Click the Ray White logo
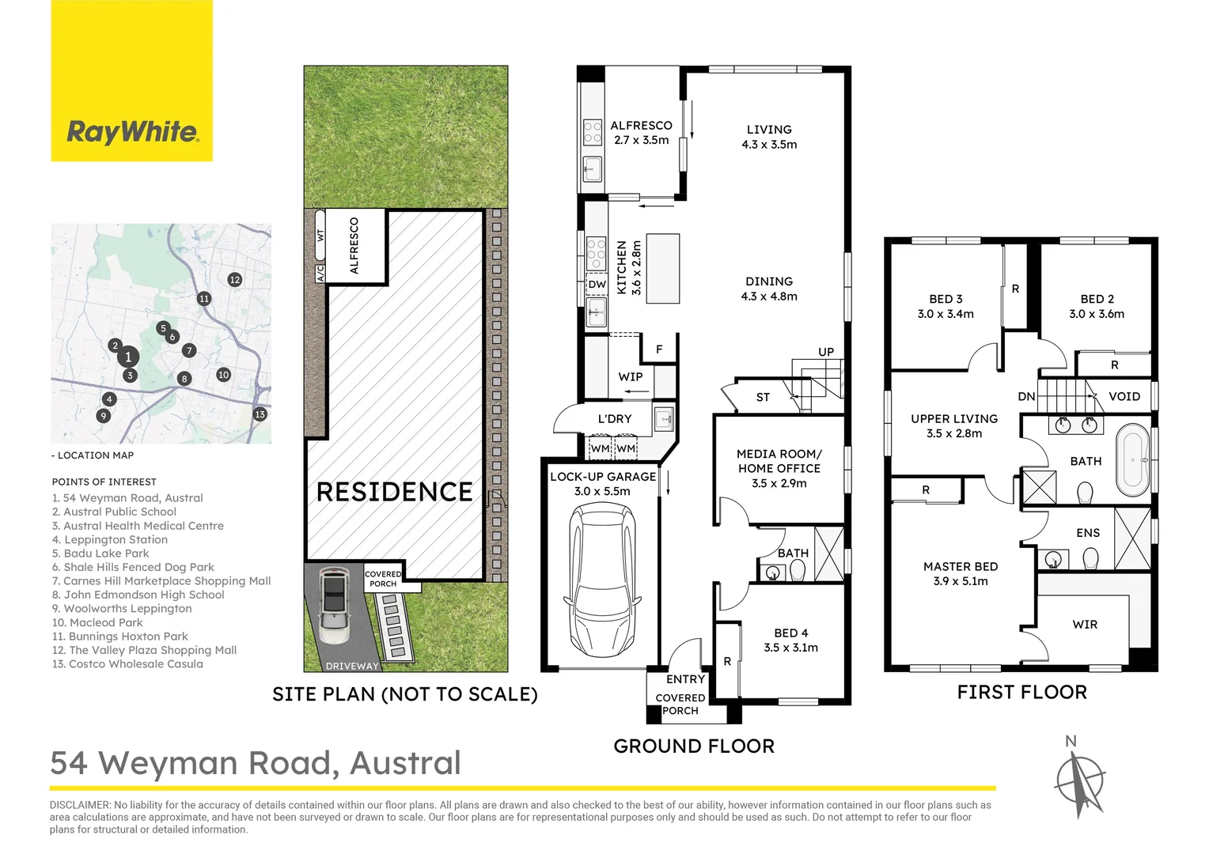coord(131,132)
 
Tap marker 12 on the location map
coord(234,279)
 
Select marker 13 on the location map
coord(260,414)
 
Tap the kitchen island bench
coord(663,268)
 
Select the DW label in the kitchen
coord(597,285)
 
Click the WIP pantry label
coord(631,376)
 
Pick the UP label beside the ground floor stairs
coord(825,352)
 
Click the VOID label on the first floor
coord(1124,396)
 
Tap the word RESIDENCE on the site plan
coord(394,492)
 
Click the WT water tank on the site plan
coord(320,235)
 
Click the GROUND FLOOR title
coord(694,746)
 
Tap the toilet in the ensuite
coord(1090,560)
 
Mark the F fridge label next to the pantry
coord(659,350)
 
